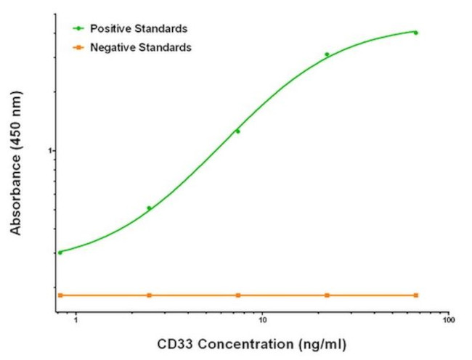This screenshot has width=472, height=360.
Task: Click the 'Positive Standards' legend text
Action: pos(139,28)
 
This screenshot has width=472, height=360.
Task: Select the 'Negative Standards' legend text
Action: pos(140,47)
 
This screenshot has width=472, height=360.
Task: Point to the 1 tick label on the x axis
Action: pos(76,319)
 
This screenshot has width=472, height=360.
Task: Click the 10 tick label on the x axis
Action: pos(262,319)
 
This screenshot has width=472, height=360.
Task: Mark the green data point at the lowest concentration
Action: pos(60,253)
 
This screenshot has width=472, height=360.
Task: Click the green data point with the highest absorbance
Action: pos(416,33)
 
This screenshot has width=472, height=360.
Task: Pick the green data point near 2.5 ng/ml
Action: pos(149,208)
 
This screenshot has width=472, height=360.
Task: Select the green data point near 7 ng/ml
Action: pos(237,131)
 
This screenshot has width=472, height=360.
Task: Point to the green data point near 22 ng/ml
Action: pos(327,54)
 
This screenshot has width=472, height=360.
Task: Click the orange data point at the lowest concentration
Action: pos(60,295)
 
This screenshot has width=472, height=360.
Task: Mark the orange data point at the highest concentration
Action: pos(416,295)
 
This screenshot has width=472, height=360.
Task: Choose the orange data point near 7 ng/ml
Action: pos(238,295)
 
